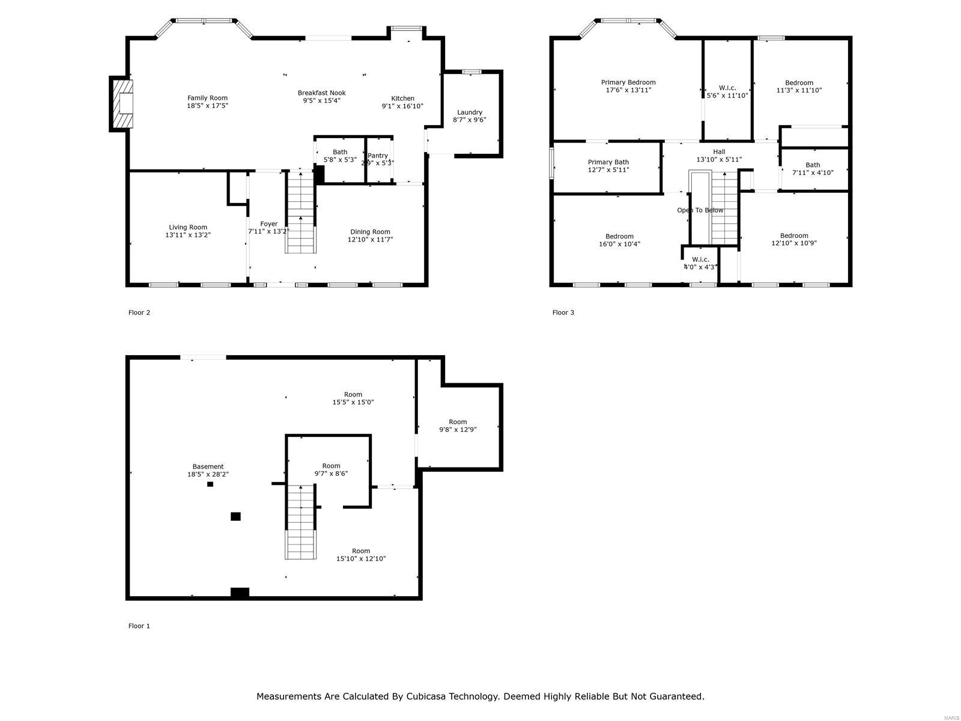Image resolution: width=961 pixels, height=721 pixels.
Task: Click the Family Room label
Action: point(207,98)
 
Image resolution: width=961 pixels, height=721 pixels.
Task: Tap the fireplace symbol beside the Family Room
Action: point(123,103)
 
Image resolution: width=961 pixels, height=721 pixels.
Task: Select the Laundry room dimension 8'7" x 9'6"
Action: point(469,120)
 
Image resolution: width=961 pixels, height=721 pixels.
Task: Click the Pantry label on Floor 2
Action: point(378,156)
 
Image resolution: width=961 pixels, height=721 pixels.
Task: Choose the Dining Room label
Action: point(370,232)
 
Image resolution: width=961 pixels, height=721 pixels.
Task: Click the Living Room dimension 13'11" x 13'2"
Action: point(188,236)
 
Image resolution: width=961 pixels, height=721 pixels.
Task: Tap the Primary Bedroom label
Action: point(628,82)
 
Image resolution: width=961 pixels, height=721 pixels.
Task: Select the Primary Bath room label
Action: point(608,162)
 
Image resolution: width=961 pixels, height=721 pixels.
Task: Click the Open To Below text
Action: point(700,210)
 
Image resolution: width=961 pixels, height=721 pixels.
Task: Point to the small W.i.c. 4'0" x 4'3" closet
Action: point(700,264)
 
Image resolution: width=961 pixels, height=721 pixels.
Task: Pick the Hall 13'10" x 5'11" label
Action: point(719,156)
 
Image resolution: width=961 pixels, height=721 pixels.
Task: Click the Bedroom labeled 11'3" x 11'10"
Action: point(799,87)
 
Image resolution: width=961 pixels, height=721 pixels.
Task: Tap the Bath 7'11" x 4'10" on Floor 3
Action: point(813,169)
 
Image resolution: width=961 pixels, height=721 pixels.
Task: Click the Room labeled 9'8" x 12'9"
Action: point(458,425)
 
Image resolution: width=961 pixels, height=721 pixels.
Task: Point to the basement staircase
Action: point(300,522)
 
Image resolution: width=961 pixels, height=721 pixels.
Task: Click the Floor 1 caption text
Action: point(139,626)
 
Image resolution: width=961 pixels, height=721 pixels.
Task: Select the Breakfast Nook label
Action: point(321,93)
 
